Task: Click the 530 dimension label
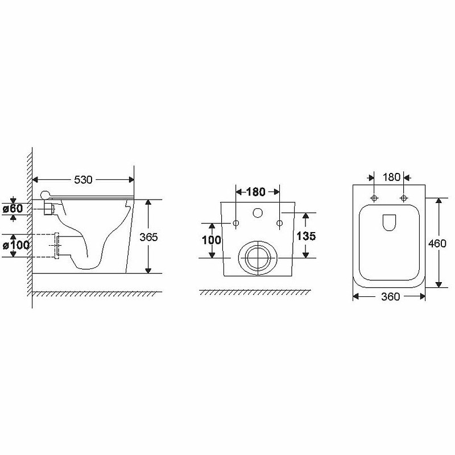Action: click(83, 180)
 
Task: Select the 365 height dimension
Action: click(148, 237)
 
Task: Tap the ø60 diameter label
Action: click(13, 209)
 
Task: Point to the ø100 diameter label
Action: click(16, 246)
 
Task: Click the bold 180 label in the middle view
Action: click(255, 192)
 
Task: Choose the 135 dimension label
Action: click(306, 236)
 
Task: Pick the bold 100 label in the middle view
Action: click(212, 240)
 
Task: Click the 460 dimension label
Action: click(437, 243)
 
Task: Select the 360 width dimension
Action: click(391, 296)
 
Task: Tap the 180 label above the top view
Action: click(391, 177)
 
